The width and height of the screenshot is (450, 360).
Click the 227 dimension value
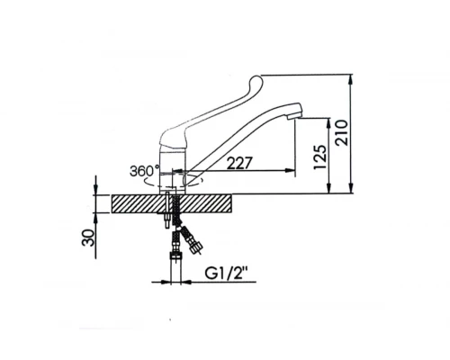click(x=239, y=164)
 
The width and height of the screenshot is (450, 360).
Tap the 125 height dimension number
click(x=319, y=157)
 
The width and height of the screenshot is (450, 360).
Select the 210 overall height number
click(x=342, y=133)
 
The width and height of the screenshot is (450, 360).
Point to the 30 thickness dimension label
click(x=88, y=238)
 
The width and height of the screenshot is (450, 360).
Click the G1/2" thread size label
click(x=227, y=274)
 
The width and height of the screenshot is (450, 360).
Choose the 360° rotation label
click(x=144, y=171)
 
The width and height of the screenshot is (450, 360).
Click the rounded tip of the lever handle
click(x=256, y=81)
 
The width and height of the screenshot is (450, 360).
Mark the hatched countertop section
click(x=172, y=204)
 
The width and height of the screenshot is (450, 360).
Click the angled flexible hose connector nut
click(x=197, y=248)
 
